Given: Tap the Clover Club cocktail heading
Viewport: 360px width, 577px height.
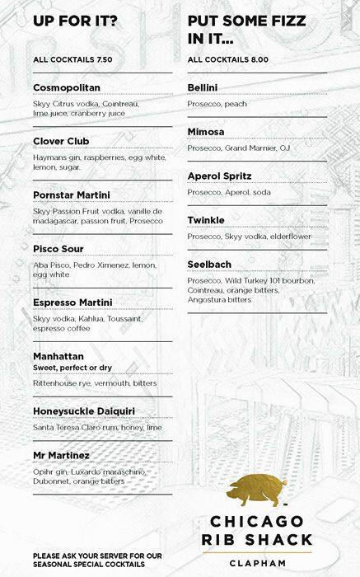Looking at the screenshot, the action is tap(62, 141).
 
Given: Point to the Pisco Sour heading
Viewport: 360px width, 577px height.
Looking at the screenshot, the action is tap(58, 248).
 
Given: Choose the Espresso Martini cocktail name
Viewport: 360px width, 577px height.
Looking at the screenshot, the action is tap(72, 302).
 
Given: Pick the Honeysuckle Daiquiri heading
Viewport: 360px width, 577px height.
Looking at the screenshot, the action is tap(85, 411).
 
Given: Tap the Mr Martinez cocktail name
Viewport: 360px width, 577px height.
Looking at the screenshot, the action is tap(62, 454).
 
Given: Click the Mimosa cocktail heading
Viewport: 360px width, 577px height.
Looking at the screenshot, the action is tap(208, 131).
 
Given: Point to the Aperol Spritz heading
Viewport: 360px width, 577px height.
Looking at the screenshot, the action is tap(219, 176).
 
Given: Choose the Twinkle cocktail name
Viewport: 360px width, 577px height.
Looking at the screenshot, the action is tap(206, 220).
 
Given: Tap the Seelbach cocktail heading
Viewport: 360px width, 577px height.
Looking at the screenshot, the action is tap(209, 264).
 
